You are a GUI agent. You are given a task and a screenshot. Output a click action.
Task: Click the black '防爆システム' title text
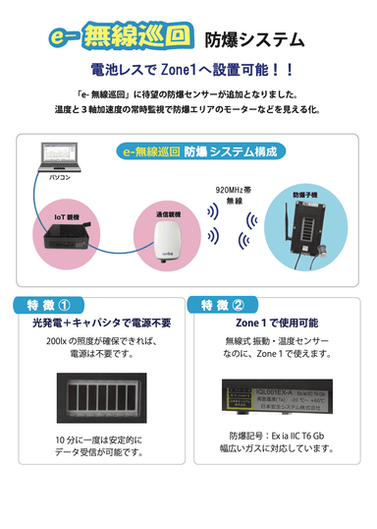click(x=253, y=40)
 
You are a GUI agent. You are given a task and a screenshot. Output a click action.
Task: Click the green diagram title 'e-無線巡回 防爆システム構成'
click(x=188, y=152)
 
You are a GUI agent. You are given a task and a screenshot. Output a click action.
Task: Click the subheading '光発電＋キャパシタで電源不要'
click(x=95, y=323)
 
